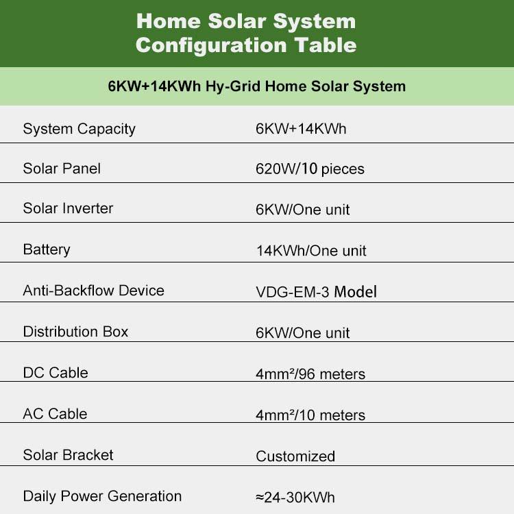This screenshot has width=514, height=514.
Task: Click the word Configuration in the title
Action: [x=212, y=45]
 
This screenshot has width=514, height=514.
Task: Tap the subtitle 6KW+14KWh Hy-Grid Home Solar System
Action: [x=257, y=86]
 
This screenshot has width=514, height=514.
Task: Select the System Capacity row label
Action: [x=79, y=129]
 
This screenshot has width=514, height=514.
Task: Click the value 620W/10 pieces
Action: [x=310, y=169]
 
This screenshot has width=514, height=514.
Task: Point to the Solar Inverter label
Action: [x=68, y=208]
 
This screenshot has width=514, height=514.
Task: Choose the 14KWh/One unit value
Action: [x=311, y=251]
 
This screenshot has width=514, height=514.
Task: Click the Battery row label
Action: [x=47, y=249]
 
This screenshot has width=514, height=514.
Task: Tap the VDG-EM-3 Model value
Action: [x=316, y=292]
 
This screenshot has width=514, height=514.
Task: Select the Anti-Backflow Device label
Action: [x=93, y=291]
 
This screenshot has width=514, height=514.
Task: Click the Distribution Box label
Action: [x=75, y=332]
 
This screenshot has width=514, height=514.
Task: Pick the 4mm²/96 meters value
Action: [x=310, y=374]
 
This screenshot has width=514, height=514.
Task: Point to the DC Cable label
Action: [x=56, y=373]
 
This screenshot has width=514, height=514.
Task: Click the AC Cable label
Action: [x=55, y=414]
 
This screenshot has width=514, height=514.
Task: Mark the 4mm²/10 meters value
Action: [x=310, y=415]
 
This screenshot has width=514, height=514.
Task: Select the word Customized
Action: [x=295, y=456]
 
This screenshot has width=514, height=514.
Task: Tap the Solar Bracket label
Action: [x=68, y=455]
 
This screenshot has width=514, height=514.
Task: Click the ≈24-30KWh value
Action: [x=295, y=498]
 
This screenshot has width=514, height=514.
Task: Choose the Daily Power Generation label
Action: [x=102, y=496]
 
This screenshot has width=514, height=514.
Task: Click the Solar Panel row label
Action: [x=62, y=169]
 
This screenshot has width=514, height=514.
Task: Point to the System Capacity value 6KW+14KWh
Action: [x=301, y=129]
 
